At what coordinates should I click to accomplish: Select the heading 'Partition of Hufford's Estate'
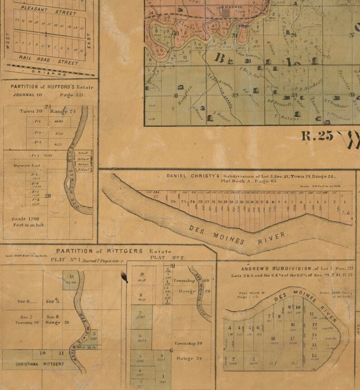click(48, 87)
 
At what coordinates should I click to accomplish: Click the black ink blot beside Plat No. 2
click(122, 274)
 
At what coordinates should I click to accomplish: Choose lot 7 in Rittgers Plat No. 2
click(141, 313)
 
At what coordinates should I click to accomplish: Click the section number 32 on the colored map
click(235, 95)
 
